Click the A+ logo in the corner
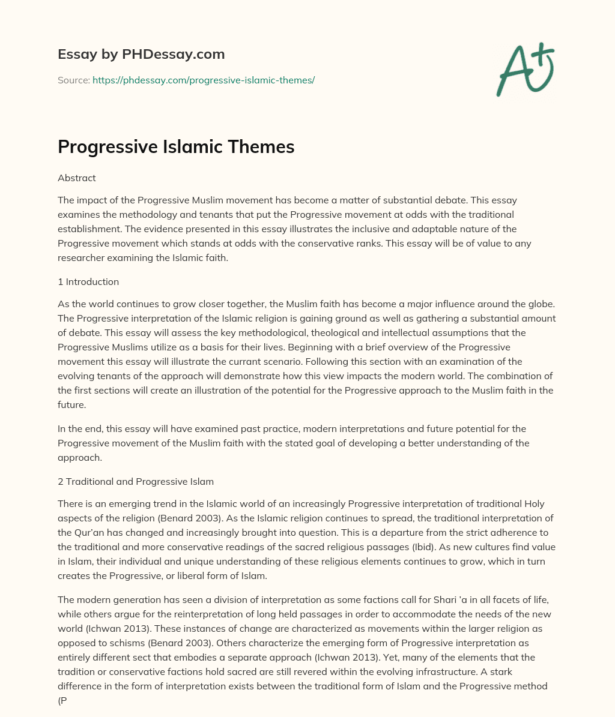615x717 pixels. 525,71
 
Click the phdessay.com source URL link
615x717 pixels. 204,80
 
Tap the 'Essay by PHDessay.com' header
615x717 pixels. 141,54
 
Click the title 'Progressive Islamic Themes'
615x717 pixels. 176,147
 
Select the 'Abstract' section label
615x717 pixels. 77,178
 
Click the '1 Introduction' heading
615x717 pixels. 88,281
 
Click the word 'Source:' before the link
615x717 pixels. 74,80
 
